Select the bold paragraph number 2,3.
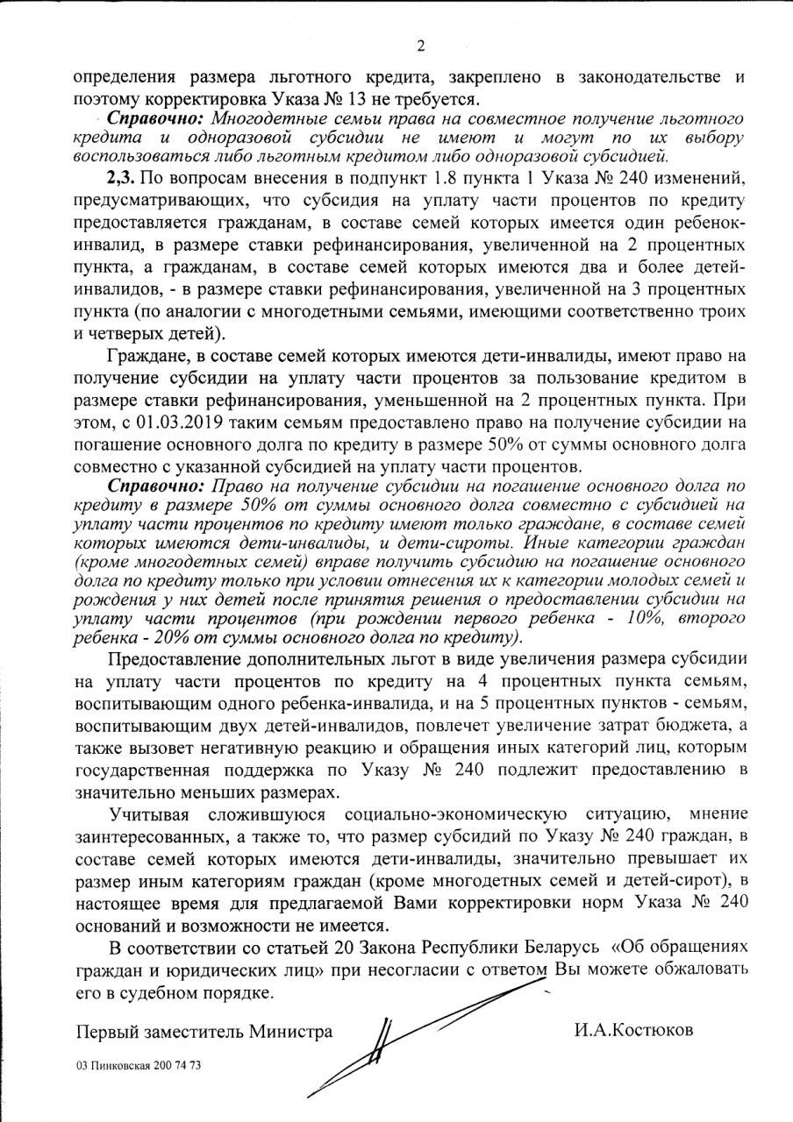123,179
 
